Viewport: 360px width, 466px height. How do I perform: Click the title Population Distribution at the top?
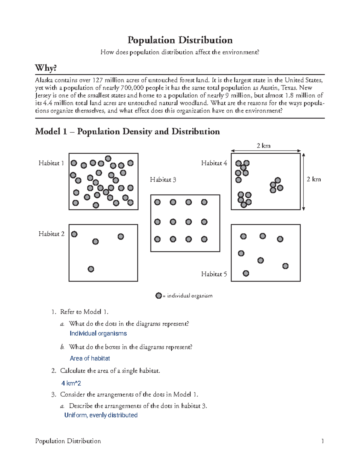click(x=180, y=40)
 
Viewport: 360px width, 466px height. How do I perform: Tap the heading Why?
click(x=46, y=68)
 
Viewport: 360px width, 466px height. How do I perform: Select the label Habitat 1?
click(x=51, y=163)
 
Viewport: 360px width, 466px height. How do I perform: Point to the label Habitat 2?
click(x=51, y=234)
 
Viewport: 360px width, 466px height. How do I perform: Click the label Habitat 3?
click(x=163, y=180)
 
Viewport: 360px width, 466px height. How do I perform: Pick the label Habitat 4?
click(x=214, y=163)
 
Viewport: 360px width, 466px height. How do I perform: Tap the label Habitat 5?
click(x=214, y=274)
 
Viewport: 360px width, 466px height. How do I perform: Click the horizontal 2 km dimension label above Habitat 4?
click(x=263, y=146)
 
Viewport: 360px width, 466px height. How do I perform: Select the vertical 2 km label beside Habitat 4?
click(x=313, y=179)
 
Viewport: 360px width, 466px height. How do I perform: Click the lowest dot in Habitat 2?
click(x=91, y=269)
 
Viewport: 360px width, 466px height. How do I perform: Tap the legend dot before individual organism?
click(x=159, y=296)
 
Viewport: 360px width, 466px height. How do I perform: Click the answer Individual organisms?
click(x=98, y=333)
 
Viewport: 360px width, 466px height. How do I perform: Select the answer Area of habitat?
click(x=90, y=358)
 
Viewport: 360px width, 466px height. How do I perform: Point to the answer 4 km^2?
click(x=71, y=383)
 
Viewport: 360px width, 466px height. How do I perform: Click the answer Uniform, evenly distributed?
click(x=101, y=415)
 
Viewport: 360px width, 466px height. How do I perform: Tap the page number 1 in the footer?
click(x=322, y=441)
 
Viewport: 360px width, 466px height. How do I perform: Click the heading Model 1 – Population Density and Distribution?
click(x=127, y=131)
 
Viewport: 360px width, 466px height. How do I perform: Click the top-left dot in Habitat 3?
click(x=157, y=202)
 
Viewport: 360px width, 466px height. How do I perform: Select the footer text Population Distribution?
click(x=68, y=441)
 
